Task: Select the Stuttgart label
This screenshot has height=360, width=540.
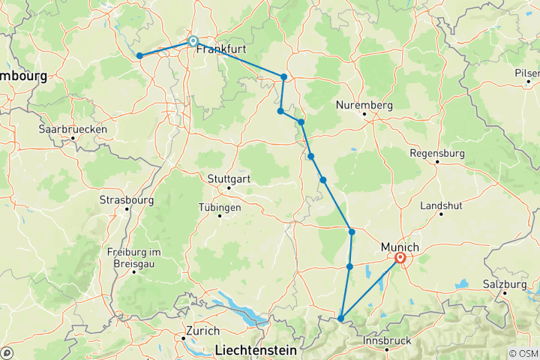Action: click(230, 179)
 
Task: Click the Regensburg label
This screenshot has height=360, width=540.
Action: click(438, 153)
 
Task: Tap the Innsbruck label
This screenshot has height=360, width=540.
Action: click(388, 340)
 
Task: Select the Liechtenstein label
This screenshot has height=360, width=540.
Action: click(256, 349)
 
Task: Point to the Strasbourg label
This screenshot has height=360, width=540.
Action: click(127, 200)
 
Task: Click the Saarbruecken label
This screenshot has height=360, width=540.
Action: click(73, 129)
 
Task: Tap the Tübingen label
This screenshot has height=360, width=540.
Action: click(220, 207)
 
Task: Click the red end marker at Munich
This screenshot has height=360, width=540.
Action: click(400, 259)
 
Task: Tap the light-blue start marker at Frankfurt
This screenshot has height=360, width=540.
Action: click(193, 42)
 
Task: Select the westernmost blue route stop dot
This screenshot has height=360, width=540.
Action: click(139, 55)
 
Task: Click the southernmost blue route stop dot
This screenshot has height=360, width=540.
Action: click(340, 319)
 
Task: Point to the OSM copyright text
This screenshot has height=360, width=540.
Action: click(521, 353)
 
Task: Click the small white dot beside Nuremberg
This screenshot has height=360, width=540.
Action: click(364, 115)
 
